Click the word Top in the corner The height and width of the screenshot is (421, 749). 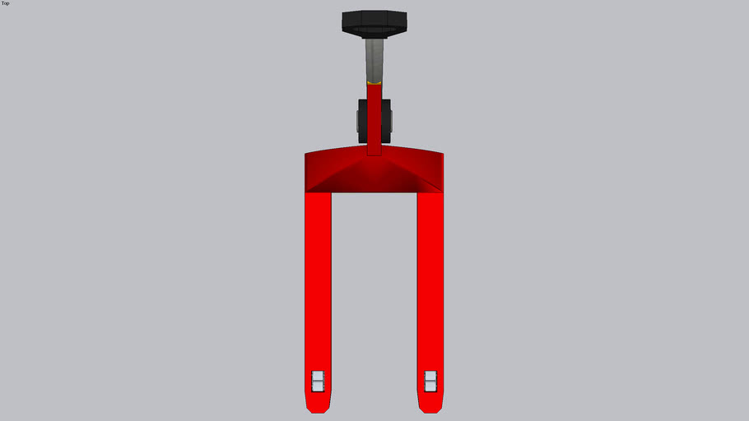click(x=6, y=3)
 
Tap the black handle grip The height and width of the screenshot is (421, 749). click(x=374, y=23)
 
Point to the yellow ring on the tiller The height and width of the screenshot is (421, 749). click(x=374, y=83)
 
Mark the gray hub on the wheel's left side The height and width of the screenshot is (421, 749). click(x=358, y=121)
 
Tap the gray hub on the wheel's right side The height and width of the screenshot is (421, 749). click(x=392, y=121)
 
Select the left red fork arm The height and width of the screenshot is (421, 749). click(x=318, y=280)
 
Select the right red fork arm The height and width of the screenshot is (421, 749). click(x=430, y=280)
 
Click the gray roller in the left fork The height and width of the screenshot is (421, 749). click(x=318, y=381)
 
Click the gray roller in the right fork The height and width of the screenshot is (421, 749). click(x=430, y=381)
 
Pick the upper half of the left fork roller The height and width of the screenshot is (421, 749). click(x=318, y=376)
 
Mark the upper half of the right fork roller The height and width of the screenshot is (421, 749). click(x=430, y=376)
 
